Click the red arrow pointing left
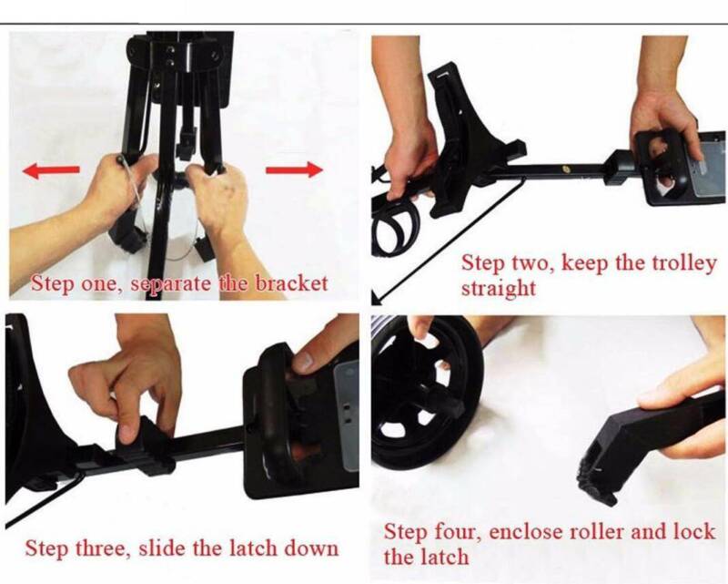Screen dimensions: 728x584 51,171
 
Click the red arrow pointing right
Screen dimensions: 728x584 294,169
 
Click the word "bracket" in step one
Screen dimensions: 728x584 291,283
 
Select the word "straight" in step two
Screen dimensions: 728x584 498,288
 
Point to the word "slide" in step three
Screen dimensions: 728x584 162,548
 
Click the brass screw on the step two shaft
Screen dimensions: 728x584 566,169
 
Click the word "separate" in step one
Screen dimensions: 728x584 170,284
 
